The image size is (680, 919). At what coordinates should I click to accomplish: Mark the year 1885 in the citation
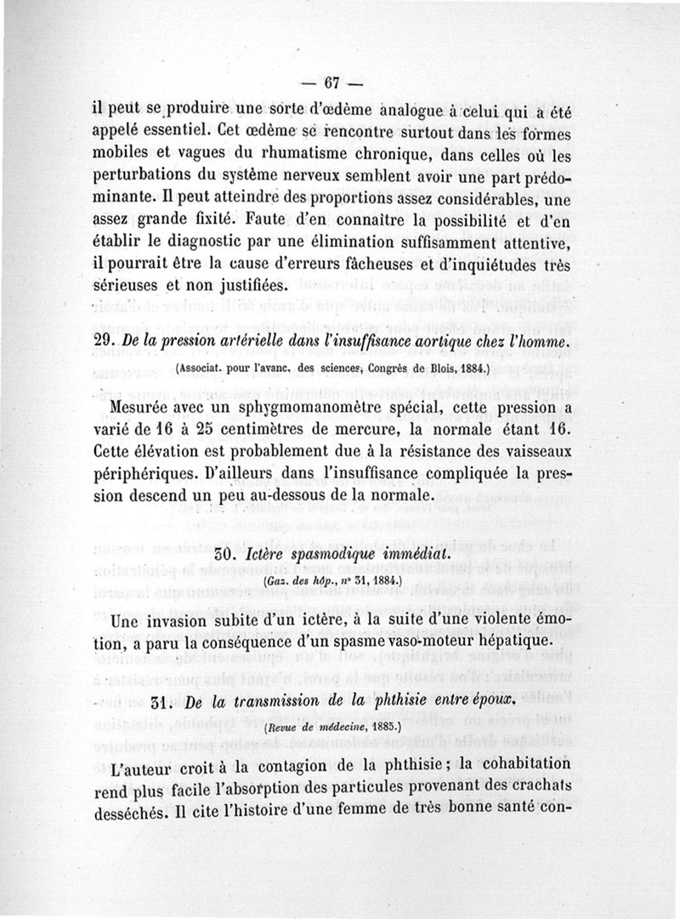391,728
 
